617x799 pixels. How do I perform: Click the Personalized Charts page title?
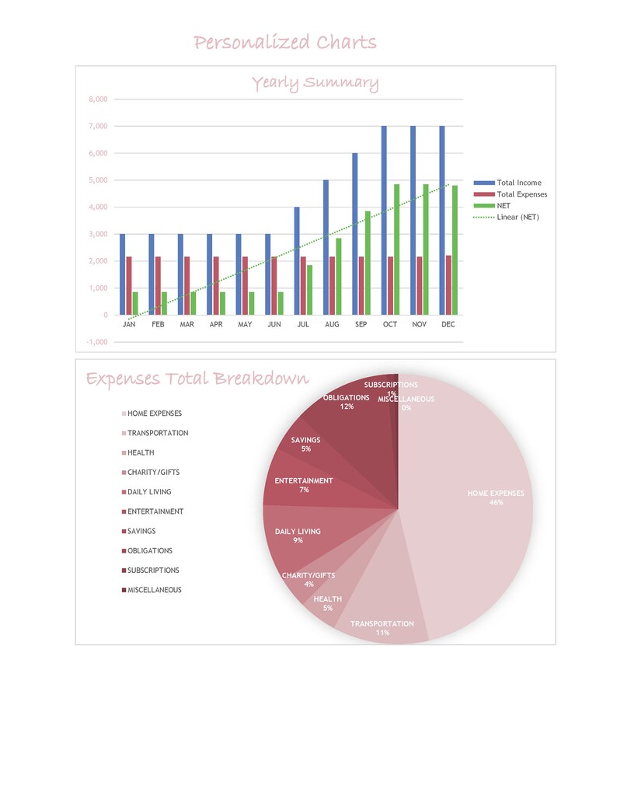pos(284,42)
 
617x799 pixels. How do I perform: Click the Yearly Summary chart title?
pos(315,83)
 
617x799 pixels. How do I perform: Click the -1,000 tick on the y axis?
pos(97,342)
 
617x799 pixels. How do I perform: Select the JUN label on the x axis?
pos(274,325)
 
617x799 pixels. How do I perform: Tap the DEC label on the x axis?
pos(448,325)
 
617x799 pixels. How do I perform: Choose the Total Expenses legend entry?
pos(521,194)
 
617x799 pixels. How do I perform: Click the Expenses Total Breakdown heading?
pos(197,379)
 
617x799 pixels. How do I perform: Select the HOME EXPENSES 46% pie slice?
pos(474,505)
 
